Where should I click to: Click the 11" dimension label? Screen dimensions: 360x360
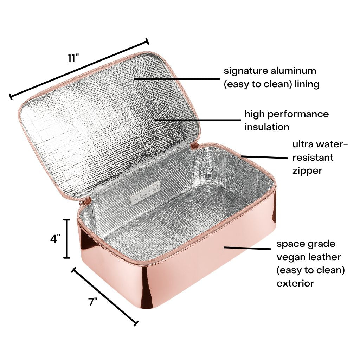pyautogui.click(x=73, y=58)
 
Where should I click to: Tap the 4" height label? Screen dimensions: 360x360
pyautogui.click(x=56, y=238)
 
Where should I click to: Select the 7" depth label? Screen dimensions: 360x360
pyautogui.click(x=93, y=302)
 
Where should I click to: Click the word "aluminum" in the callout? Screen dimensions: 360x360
pyautogui.click(x=294, y=70)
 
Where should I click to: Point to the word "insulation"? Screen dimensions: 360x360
pyautogui.click(x=267, y=127)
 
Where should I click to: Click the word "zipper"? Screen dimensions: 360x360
pyautogui.click(x=307, y=171)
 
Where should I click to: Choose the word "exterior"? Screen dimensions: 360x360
pyautogui.click(x=295, y=283)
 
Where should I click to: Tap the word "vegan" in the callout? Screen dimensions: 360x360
pyautogui.click(x=289, y=257)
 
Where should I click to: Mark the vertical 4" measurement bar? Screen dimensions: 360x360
pyautogui.click(x=67, y=239)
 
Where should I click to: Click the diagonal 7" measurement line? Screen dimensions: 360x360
pyautogui.click(x=105, y=296)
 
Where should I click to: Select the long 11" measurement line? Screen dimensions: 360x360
pyautogui.click(x=79, y=69)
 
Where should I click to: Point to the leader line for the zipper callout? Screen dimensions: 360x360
pyautogui.click(x=264, y=157)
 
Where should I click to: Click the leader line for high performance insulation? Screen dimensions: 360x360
pyautogui.click(x=198, y=120)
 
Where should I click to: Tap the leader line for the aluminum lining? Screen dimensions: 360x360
pyautogui.click(x=177, y=79)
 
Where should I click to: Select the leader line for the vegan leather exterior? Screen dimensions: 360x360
pyautogui.click(x=247, y=248)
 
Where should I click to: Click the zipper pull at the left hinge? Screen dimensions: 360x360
pyautogui.click(x=87, y=202)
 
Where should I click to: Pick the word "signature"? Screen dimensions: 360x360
pyautogui.click(x=246, y=71)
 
